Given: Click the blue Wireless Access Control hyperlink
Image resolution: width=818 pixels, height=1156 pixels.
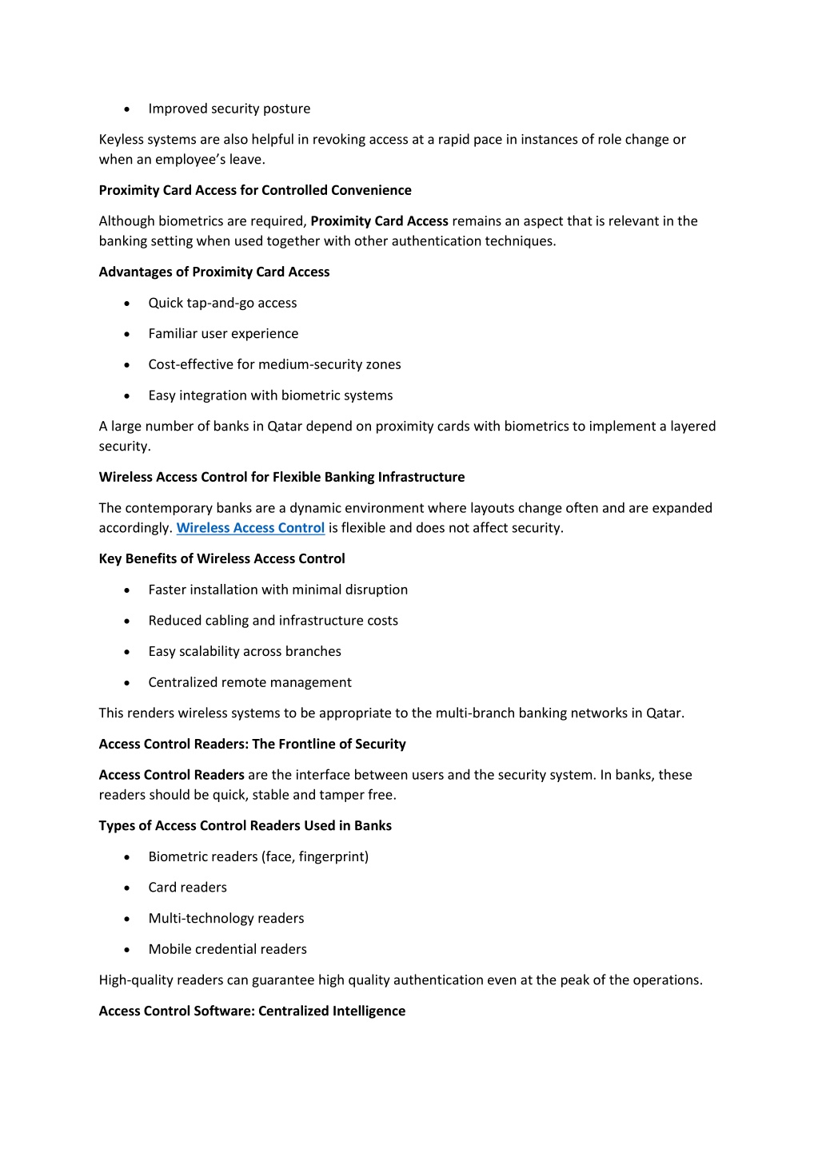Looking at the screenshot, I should pyautogui.click(x=250, y=528).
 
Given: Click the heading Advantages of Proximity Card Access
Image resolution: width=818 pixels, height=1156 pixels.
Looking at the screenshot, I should pyautogui.click(x=214, y=272).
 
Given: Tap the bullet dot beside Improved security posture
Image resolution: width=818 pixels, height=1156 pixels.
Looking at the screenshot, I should pyautogui.click(x=127, y=109).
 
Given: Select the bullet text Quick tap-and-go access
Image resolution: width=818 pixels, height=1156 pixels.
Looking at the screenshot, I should pyautogui.click(x=222, y=303).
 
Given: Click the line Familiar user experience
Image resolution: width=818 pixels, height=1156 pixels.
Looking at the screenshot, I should pyautogui.click(x=223, y=334).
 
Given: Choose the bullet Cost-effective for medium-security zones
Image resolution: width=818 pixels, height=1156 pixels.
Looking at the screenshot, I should pyautogui.click(x=274, y=364).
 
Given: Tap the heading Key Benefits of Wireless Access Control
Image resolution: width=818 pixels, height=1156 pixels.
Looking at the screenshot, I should pyautogui.click(x=222, y=558).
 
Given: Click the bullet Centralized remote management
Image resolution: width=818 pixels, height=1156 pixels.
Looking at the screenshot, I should pyautogui.click(x=249, y=682).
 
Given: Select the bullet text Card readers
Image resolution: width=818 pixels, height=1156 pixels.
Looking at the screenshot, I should pyautogui.click(x=187, y=888).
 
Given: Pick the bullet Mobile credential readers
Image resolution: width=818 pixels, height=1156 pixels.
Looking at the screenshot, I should pyautogui.click(x=227, y=949).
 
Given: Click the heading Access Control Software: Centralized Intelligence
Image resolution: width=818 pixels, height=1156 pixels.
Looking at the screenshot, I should pyautogui.click(x=252, y=1011).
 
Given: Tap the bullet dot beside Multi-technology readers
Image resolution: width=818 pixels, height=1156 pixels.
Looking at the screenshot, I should pyautogui.click(x=127, y=920).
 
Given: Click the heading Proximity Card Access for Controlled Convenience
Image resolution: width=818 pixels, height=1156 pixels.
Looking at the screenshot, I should pyautogui.click(x=255, y=190).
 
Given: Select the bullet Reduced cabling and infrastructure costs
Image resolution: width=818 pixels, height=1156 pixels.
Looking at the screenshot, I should pyautogui.click(x=273, y=621).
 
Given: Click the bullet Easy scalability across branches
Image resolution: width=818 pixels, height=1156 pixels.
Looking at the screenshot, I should pyautogui.click(x=245, y=651).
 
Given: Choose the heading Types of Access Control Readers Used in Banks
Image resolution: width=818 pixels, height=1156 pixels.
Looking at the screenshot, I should pyautogui.click(x=245, y=825).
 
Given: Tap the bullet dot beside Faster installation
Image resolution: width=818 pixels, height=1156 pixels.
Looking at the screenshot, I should pyautogui.click(x=127, y=590).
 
